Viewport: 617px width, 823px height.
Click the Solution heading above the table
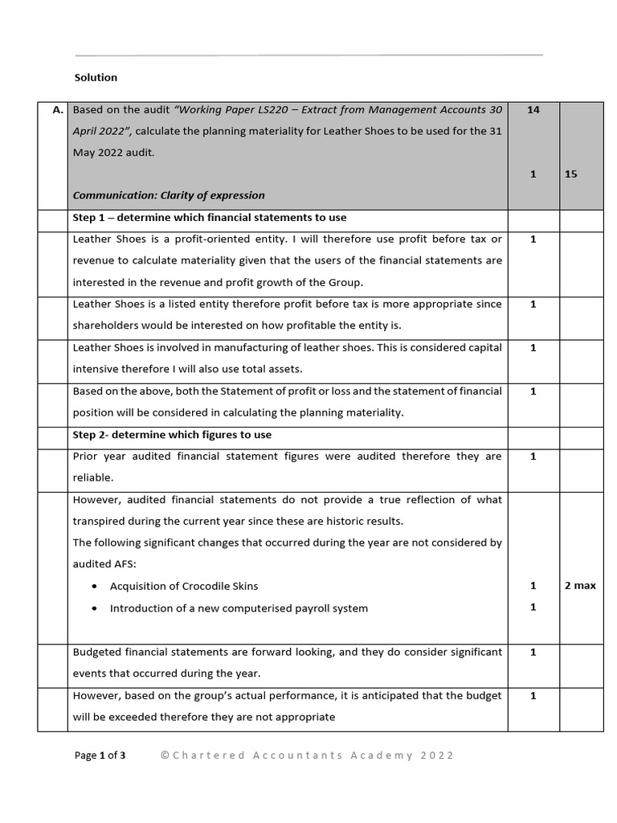tap(96, 78)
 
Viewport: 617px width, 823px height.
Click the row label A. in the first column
tap(58, 110)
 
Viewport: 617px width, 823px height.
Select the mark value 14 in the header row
tap(533, 110)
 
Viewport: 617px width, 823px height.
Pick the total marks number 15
tap(570, 174)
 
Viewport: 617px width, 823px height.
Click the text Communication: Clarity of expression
tap(169, 195)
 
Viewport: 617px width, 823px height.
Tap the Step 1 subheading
tap(210, 218)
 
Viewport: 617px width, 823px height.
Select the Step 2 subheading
tap(172, 435)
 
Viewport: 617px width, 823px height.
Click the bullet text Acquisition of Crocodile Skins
tap(184, 586)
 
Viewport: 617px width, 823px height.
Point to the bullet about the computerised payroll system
tap(239, 608)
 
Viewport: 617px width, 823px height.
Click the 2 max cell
tap(580, 586)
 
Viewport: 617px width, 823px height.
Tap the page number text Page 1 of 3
tap(100, 755)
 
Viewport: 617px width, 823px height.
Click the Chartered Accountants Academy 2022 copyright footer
tap(307, 755)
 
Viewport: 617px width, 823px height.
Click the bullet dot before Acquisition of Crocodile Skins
tap(96, 587)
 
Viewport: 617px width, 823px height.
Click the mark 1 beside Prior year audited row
tap(533, 457)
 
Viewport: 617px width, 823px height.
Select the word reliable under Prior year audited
tap(92, 478)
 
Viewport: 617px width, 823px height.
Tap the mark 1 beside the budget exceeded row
tap(533, 696)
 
